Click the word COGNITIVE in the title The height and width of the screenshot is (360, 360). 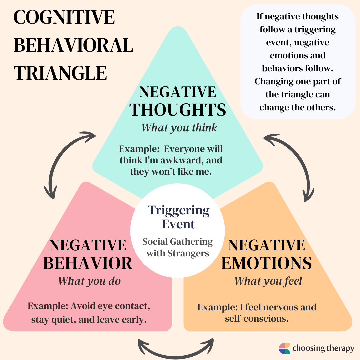(x=64, y=17)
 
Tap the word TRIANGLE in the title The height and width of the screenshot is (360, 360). (x=60, y=73)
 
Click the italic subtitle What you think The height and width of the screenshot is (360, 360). (x=179, y=127)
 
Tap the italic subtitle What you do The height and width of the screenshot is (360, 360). (x=89, y=281)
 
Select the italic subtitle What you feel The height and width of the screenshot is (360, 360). (x=268, y=281)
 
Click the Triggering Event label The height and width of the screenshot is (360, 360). (x=179, y=217)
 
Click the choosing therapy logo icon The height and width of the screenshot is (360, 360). (x=284, y=348)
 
